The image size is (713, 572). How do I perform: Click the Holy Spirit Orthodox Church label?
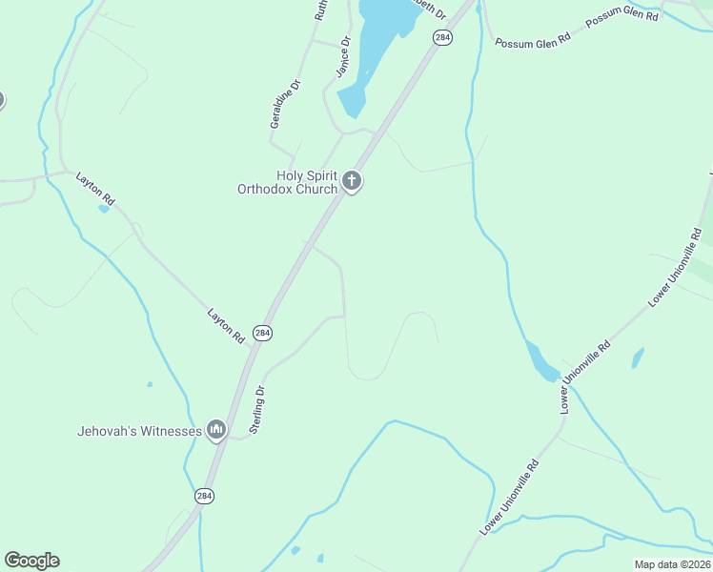click(x=287, y=182)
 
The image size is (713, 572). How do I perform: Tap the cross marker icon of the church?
click(x=352, y=180)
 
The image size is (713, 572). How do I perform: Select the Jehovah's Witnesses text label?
click(x=139, y=431)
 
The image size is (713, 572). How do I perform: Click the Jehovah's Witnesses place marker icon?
click(x=215, y=431)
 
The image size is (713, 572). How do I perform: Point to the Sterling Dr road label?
click(x=256, y=410)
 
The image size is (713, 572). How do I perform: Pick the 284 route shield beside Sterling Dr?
click(x=263, y=333)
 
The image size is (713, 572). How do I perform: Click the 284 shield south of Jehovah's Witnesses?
click(x=204, y=496)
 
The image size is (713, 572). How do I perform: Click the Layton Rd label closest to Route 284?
click(x=227, y=326)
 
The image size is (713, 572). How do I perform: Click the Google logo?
click(x=31, y=561)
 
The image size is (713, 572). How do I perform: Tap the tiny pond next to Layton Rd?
click(x=103, y=209)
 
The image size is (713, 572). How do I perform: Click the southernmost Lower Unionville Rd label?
click(x=510, y=497)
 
